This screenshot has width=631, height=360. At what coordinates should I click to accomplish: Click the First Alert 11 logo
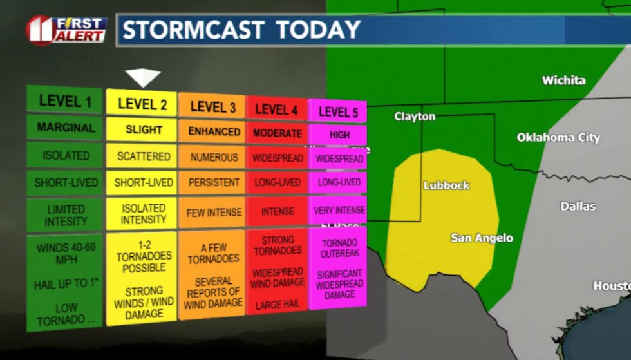[66, 30]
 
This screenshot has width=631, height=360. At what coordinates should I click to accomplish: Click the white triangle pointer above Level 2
[142, 78]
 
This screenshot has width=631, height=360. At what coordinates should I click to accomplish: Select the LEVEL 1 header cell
[64, 100]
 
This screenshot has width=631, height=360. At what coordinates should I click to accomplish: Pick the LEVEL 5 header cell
[338, 112]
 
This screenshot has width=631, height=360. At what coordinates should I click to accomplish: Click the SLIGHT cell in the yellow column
[144, 129]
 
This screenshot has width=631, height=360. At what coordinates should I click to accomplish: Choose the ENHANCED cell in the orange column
[214, 131]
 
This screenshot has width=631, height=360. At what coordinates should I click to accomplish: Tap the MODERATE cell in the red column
[277, 133]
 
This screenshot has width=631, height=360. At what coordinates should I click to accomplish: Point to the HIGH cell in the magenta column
[339, 135]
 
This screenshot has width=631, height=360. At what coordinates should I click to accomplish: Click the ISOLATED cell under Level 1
[66, 155]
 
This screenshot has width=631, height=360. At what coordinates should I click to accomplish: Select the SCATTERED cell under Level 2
[144, 156]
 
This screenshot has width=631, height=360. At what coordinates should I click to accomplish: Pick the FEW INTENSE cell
[214, 213]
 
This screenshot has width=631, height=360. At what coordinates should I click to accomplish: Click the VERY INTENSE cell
[339, 211]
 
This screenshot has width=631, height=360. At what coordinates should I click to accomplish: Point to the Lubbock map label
[446, 185]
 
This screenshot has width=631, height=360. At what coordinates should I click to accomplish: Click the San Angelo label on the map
[482, 238]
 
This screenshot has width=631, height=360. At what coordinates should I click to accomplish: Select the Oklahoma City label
[558, 138]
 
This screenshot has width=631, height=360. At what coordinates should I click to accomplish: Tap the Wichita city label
[563, 81]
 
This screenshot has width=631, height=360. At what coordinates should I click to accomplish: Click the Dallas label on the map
[578, 207]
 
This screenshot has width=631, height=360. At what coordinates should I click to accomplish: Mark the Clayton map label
[415, 117]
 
